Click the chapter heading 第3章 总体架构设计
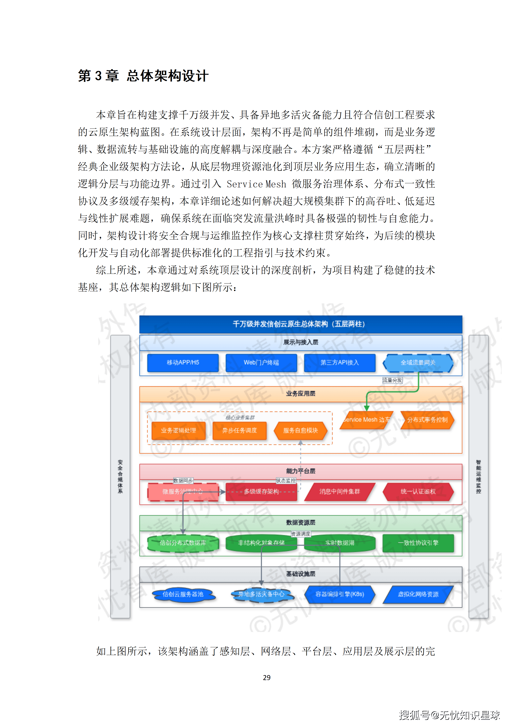143,76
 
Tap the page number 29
267,677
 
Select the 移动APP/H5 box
183,362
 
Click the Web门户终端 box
261,362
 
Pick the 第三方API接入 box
340,362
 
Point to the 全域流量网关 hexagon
418,362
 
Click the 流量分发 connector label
392,380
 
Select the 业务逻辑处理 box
178,430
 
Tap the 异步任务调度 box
239,430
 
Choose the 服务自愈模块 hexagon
300,430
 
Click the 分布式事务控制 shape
427,420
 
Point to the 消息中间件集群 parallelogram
340,491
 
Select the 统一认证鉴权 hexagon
418,491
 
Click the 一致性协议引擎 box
418,543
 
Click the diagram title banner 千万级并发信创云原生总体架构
300,324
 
